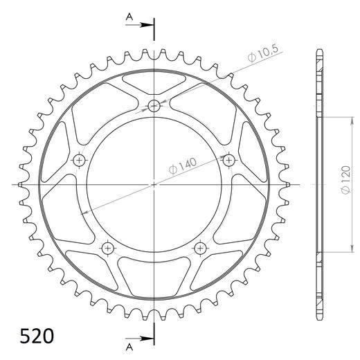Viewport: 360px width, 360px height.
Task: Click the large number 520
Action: tap(37, 336)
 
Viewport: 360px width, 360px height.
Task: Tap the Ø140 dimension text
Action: tap(183, 166)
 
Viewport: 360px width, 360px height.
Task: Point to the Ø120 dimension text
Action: tap(346, 180)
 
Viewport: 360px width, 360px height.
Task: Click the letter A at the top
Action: tap(129, 17)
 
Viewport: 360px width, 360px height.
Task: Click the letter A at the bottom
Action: tap(129, 347)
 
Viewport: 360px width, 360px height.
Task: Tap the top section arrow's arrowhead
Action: tap(147, 25)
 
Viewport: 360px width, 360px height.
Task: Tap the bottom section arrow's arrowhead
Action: tap(147, 339)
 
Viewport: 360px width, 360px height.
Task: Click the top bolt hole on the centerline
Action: tap(154, 106)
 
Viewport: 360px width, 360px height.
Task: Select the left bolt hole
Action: tap(79, 160)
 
